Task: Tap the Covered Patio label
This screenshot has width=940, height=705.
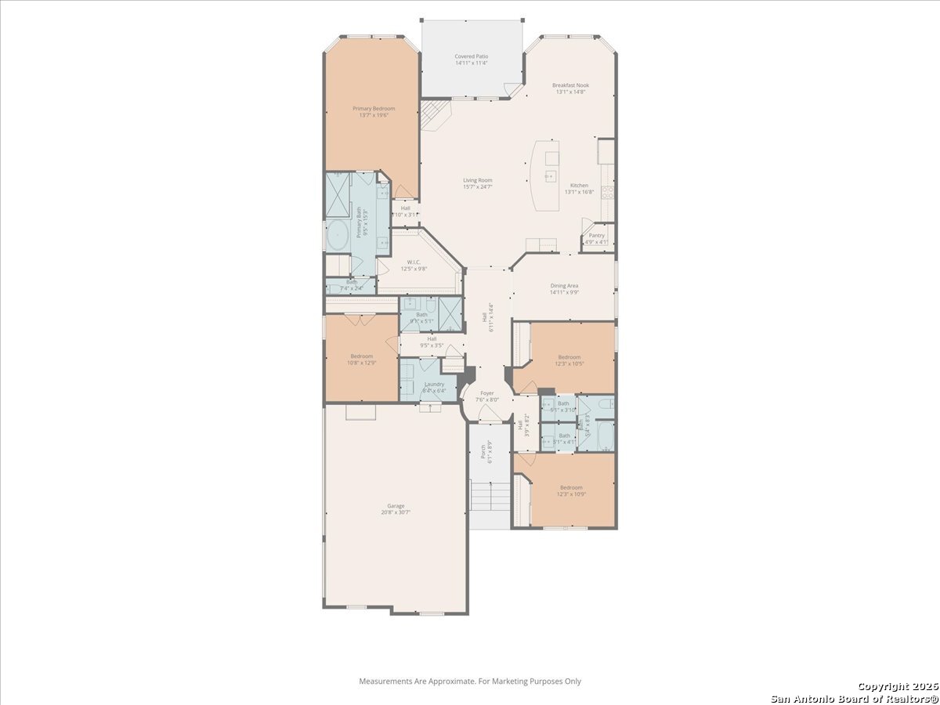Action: click(x=472, y=57)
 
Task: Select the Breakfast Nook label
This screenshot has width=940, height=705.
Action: click(x=570, y=85)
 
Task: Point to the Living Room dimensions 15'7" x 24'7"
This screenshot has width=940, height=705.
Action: click(x=477, y=188)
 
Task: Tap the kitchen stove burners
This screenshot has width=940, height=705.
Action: click(x=607, y=192)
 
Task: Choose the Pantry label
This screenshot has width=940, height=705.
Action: click(x=597, y=235)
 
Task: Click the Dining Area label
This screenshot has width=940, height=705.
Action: click(x=564, y=286)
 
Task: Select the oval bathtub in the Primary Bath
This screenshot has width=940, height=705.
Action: click(x=339, y=234)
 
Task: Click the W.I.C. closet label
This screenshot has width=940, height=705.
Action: click(x=414, y=262)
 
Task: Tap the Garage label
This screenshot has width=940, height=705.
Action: click(x=396, y=506)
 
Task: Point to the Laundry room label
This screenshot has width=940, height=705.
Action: click(x=434, y=384)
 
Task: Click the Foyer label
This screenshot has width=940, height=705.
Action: click(x=487, y=393)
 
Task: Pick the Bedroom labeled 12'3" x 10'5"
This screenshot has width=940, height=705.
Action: click(x=569, y=356)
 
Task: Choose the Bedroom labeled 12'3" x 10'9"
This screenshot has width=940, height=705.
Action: click(x=569, y=487)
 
